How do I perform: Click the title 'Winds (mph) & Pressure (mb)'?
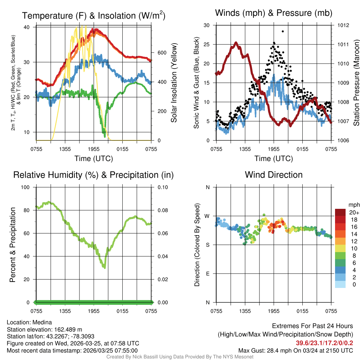pyautogui.click(x=274, y=13)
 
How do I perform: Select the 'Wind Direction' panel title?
pyautogui.click(x=274, y=175)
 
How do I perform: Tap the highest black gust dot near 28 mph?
pyautogui.click(x=283, y=31)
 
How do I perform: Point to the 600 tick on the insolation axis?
pyautogui.click(x=161, y=53)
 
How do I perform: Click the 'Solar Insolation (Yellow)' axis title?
pyautogui.click(x=174, y=83)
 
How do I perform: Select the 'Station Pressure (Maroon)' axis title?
pyautogui.click(x=356, y=83)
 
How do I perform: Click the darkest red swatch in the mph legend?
pyautogui.click(x=340, y=213)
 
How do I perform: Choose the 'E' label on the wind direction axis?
pyautogui.click(x=207, y=274)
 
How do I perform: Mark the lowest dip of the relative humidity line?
pyautogui.click(x=104, y=268)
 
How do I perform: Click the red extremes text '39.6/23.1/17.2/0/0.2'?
pyautogui.click(x=324, y=343)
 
